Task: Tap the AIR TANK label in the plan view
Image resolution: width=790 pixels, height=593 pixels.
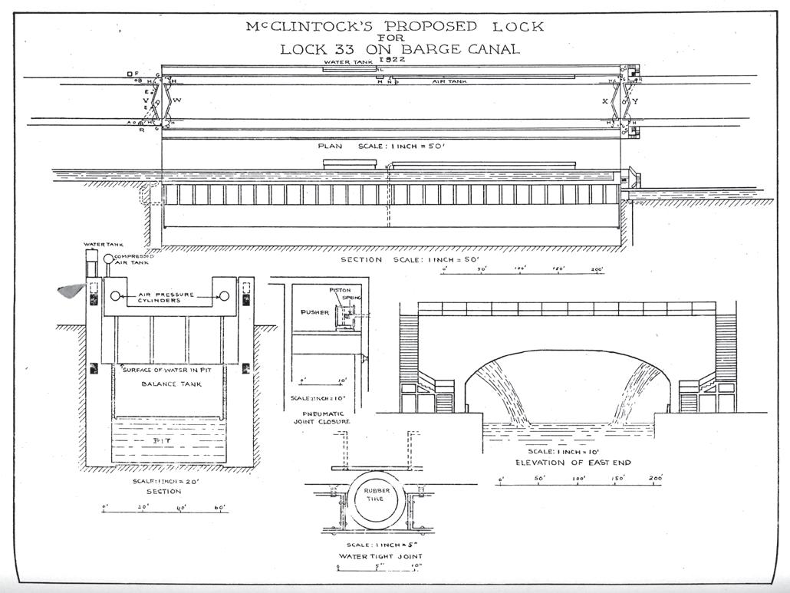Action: [x=449, y=81]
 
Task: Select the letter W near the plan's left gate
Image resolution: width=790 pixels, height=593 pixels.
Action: [x=177, y=100]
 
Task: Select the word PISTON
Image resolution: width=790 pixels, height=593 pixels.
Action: [x=341, y=291]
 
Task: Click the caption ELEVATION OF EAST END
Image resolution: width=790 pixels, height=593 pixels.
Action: [x=568, y=463]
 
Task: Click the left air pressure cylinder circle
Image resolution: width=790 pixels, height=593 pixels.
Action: [x=115, y=296]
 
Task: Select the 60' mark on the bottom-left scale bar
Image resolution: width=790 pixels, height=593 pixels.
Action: [x=221, y=507]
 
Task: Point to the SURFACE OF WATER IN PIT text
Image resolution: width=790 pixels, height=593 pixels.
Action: [x=163, y=369]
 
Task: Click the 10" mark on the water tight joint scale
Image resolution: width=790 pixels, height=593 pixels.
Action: [x=416, y=568]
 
